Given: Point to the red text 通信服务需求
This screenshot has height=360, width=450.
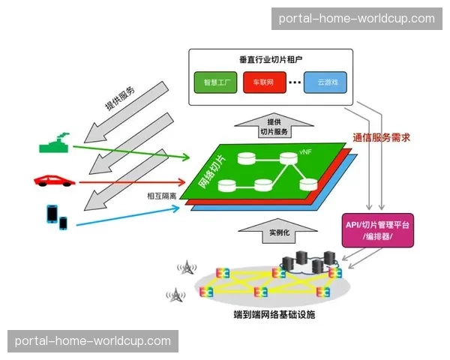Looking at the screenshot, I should pos(382,137).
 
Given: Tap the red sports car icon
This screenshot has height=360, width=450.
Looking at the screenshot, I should pos(55,180).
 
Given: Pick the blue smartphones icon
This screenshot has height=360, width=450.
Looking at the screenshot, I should pos(55,217).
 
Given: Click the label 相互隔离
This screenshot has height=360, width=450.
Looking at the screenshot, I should pos(161,196).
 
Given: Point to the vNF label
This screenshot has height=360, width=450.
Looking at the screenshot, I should pos(305,151).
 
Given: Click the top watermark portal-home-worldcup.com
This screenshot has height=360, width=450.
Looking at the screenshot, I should pos(356,18).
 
